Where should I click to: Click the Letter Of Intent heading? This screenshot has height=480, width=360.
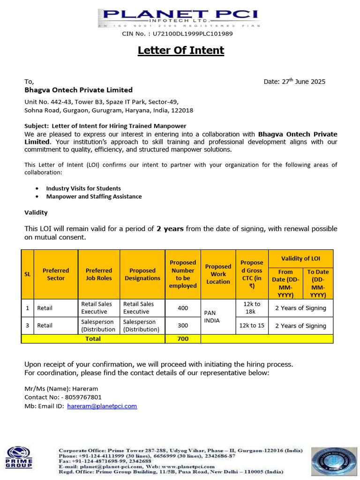pos(181,50)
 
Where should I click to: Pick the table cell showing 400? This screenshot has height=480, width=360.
pos(183,308)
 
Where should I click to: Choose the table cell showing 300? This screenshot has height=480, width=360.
pos(183,325)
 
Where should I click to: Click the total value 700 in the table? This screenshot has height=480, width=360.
pos(183,338)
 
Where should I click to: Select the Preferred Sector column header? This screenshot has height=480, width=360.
pos(56,274)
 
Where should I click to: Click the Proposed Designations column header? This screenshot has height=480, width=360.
pos(142,274)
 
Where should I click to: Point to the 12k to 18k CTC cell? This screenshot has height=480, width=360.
pos(252,308)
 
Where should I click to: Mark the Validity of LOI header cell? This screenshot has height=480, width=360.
pos(300,258)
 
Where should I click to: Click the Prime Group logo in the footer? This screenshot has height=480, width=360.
pos(19,457)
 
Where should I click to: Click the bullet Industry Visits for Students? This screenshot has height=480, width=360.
pos(83,188)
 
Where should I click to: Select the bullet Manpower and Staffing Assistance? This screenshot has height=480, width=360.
pos(94,196)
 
